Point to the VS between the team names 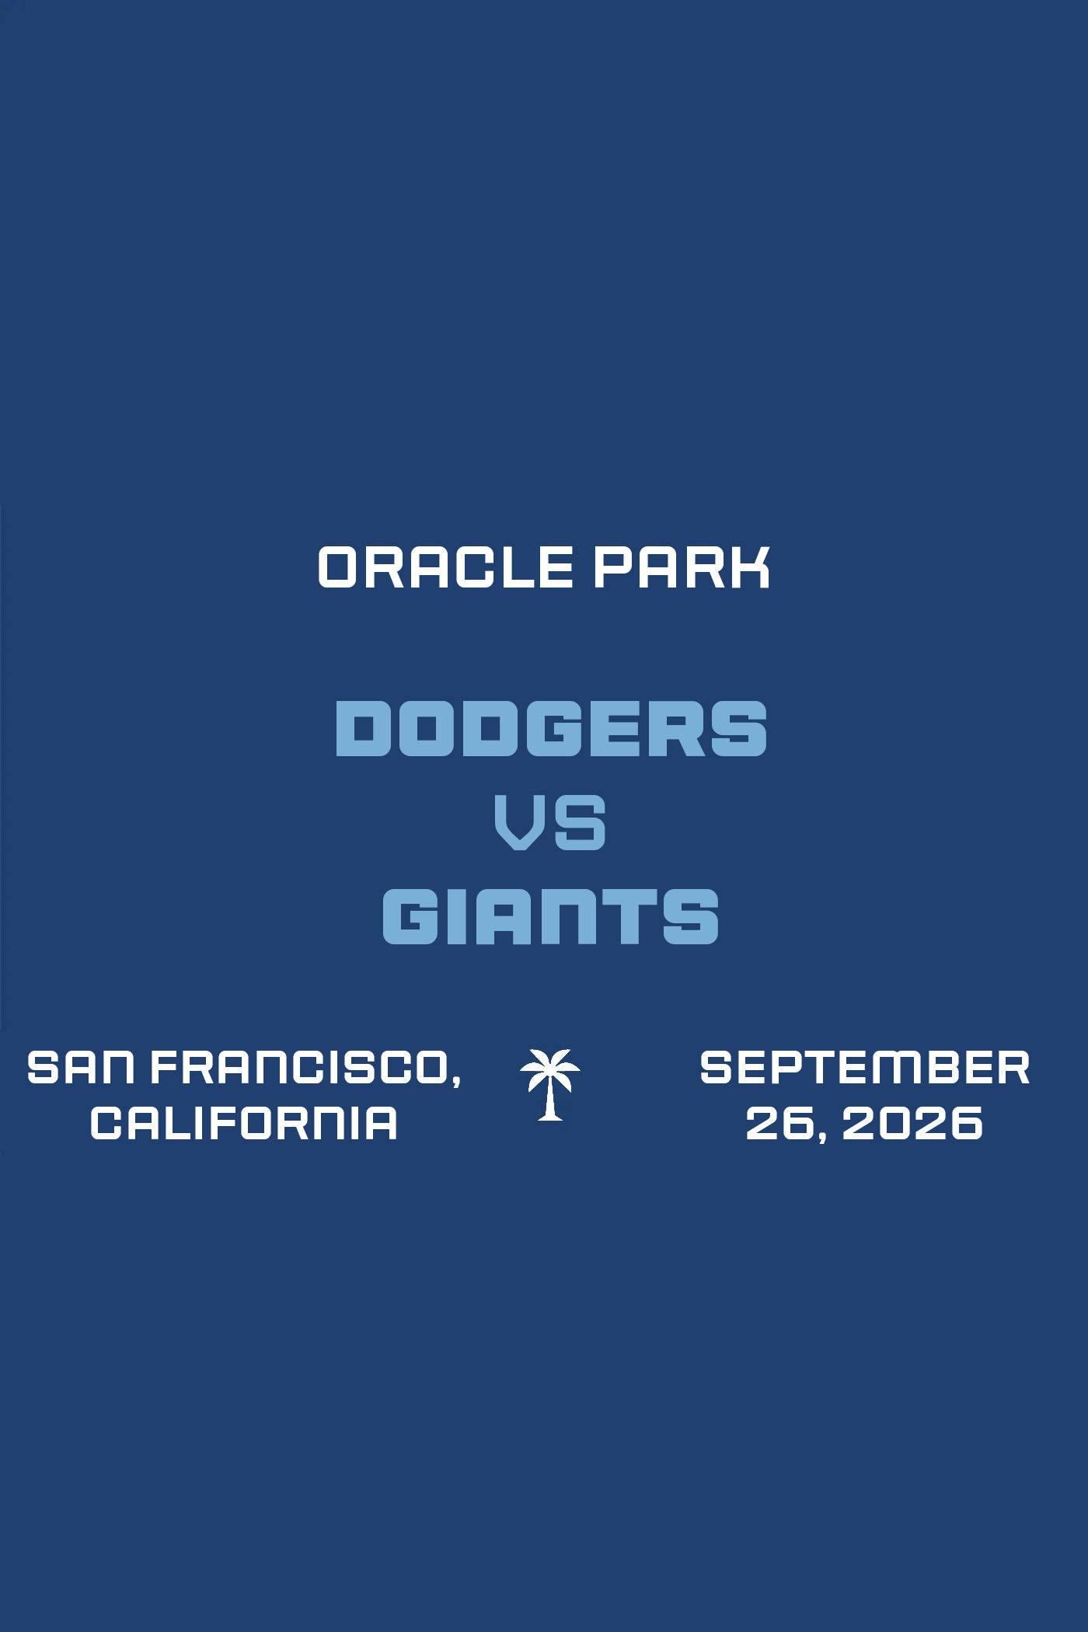point(550,821)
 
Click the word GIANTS point(550,916)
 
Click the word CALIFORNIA point(244,1123)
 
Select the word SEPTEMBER point(865,1067)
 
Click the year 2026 point(912,1123)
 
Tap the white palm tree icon point(550,1084)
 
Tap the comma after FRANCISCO point(455,1081)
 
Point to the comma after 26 point(821,1137)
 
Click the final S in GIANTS point(691,916)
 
